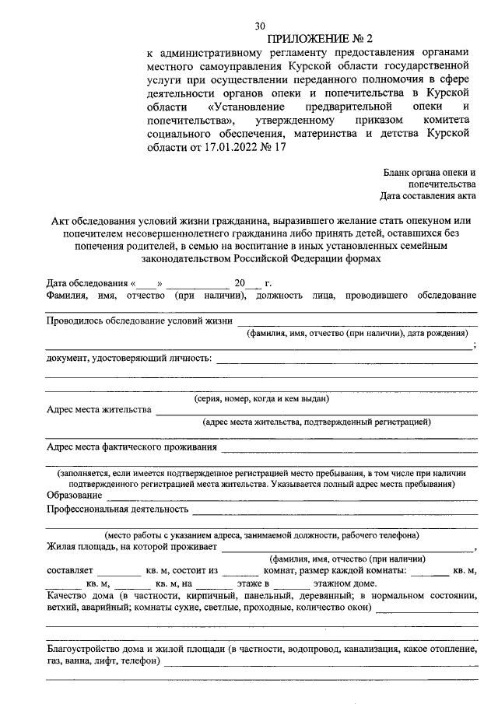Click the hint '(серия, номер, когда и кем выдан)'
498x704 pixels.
click(261, 398)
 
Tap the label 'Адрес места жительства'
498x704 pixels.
click(99, 409)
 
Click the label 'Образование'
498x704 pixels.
click(74, 496)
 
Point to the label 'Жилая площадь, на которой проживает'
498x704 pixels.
click(132, 547)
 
